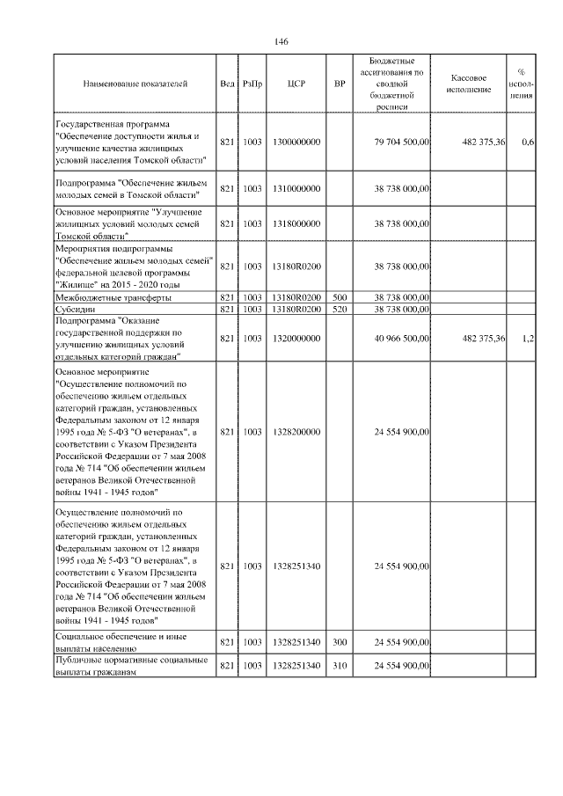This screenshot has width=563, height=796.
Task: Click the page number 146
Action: pos(281,41)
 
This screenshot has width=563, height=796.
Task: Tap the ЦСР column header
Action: pos(296,84)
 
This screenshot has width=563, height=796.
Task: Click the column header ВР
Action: pos(340,84)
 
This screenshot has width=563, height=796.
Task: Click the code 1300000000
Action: pos(296,142)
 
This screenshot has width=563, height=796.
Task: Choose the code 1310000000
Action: pos(296,188)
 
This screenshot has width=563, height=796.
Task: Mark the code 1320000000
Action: pos(296,339)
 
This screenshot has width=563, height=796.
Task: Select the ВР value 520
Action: pos(340,309)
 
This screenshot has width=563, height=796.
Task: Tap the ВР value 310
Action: pos(340,666)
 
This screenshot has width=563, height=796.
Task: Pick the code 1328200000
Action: pos(296,432)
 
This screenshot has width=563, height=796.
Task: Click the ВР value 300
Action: pos(340,642)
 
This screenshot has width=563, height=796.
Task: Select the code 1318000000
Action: pos(296,224)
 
